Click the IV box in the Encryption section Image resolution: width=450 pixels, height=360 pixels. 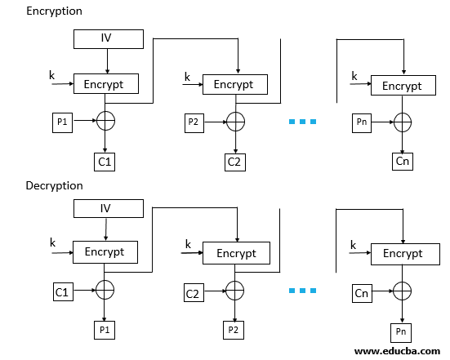pyautogui.click(x=108, y=38)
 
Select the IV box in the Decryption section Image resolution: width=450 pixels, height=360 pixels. pyautogui.click(x=108, y=208)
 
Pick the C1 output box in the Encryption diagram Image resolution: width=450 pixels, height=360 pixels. pyautogui.click(x=105, y=162)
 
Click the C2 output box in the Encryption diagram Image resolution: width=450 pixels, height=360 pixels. pyautogui.click(x=235, y=162)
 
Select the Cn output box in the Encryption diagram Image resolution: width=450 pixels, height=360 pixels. pyautogui.click(x=402, y=162)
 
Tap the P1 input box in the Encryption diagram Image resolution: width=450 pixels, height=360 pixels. pyautogui.click(x=62, y=122)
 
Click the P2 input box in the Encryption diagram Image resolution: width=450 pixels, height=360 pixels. pyautogui.click(x=193, y=122)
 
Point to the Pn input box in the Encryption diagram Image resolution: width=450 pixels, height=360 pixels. pyautogui.click(x=363, y=122)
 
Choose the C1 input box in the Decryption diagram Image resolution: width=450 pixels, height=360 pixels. pyautogui.click(x=62, y=291)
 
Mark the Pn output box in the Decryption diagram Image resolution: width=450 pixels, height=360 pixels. pyautogui.click(x=402, y=331)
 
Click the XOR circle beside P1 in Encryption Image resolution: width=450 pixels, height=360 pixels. pyautogui.click(x=106, y=122)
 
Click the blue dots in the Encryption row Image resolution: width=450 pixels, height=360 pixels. pyautogui.click(x=302, y=122)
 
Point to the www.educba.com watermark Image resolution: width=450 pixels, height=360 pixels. pyautogui.click(x=397, y=351)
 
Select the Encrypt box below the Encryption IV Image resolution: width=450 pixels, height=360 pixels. pyautogui.click(x=106, y=83)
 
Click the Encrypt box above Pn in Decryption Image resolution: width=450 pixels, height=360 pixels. pyautogui.click(x=402, y=253)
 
